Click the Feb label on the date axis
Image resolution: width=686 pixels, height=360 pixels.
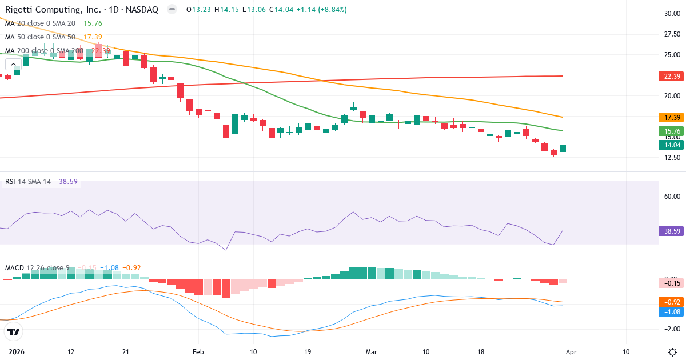(x=198, y=351)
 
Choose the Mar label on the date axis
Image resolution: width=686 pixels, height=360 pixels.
(x=371, y=351)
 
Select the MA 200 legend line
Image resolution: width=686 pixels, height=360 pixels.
(x=57, y=51)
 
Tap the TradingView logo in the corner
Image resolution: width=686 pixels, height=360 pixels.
(x=13, y=331)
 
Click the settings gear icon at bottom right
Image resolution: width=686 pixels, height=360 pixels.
(x=672, y=351)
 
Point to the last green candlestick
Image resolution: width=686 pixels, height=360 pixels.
(x=563, y=149)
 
